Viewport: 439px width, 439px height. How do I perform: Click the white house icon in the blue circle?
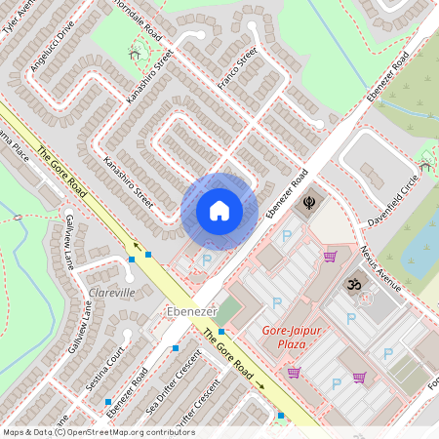click(x=219, y=211)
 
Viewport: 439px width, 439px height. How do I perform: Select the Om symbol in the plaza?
click(x=352, y=286)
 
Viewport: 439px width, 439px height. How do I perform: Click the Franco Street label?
click(x=237, y=67)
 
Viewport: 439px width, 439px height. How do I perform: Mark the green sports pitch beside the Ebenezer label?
click(x=227, y=312)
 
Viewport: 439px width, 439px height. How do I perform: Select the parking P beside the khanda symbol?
click(x=287, y=235)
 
